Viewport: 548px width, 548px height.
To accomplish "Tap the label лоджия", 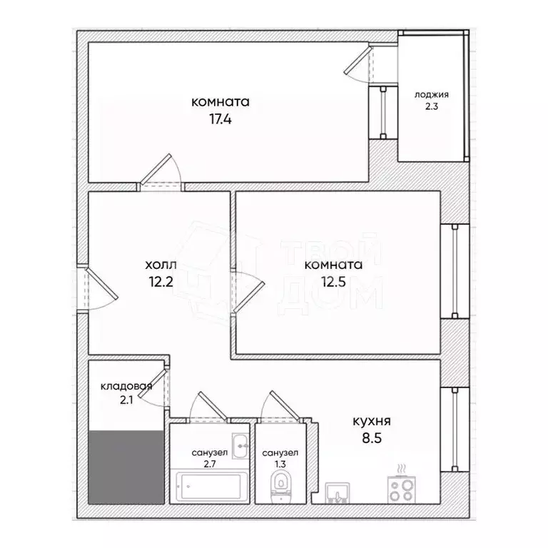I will pos(432,95).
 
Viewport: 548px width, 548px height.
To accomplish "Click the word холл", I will pos(162,265).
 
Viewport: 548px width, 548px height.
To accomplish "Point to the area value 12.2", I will pos(162,282).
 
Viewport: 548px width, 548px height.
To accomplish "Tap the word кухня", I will pos(372,421).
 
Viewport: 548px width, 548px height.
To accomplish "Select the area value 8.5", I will pos(372,439).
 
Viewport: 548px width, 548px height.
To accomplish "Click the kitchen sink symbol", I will pos(337,492).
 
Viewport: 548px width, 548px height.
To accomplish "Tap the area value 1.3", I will pos(280,465).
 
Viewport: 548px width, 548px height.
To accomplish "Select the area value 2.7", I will pos(209,465).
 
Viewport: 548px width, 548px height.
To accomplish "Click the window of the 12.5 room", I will pos(455,271).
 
